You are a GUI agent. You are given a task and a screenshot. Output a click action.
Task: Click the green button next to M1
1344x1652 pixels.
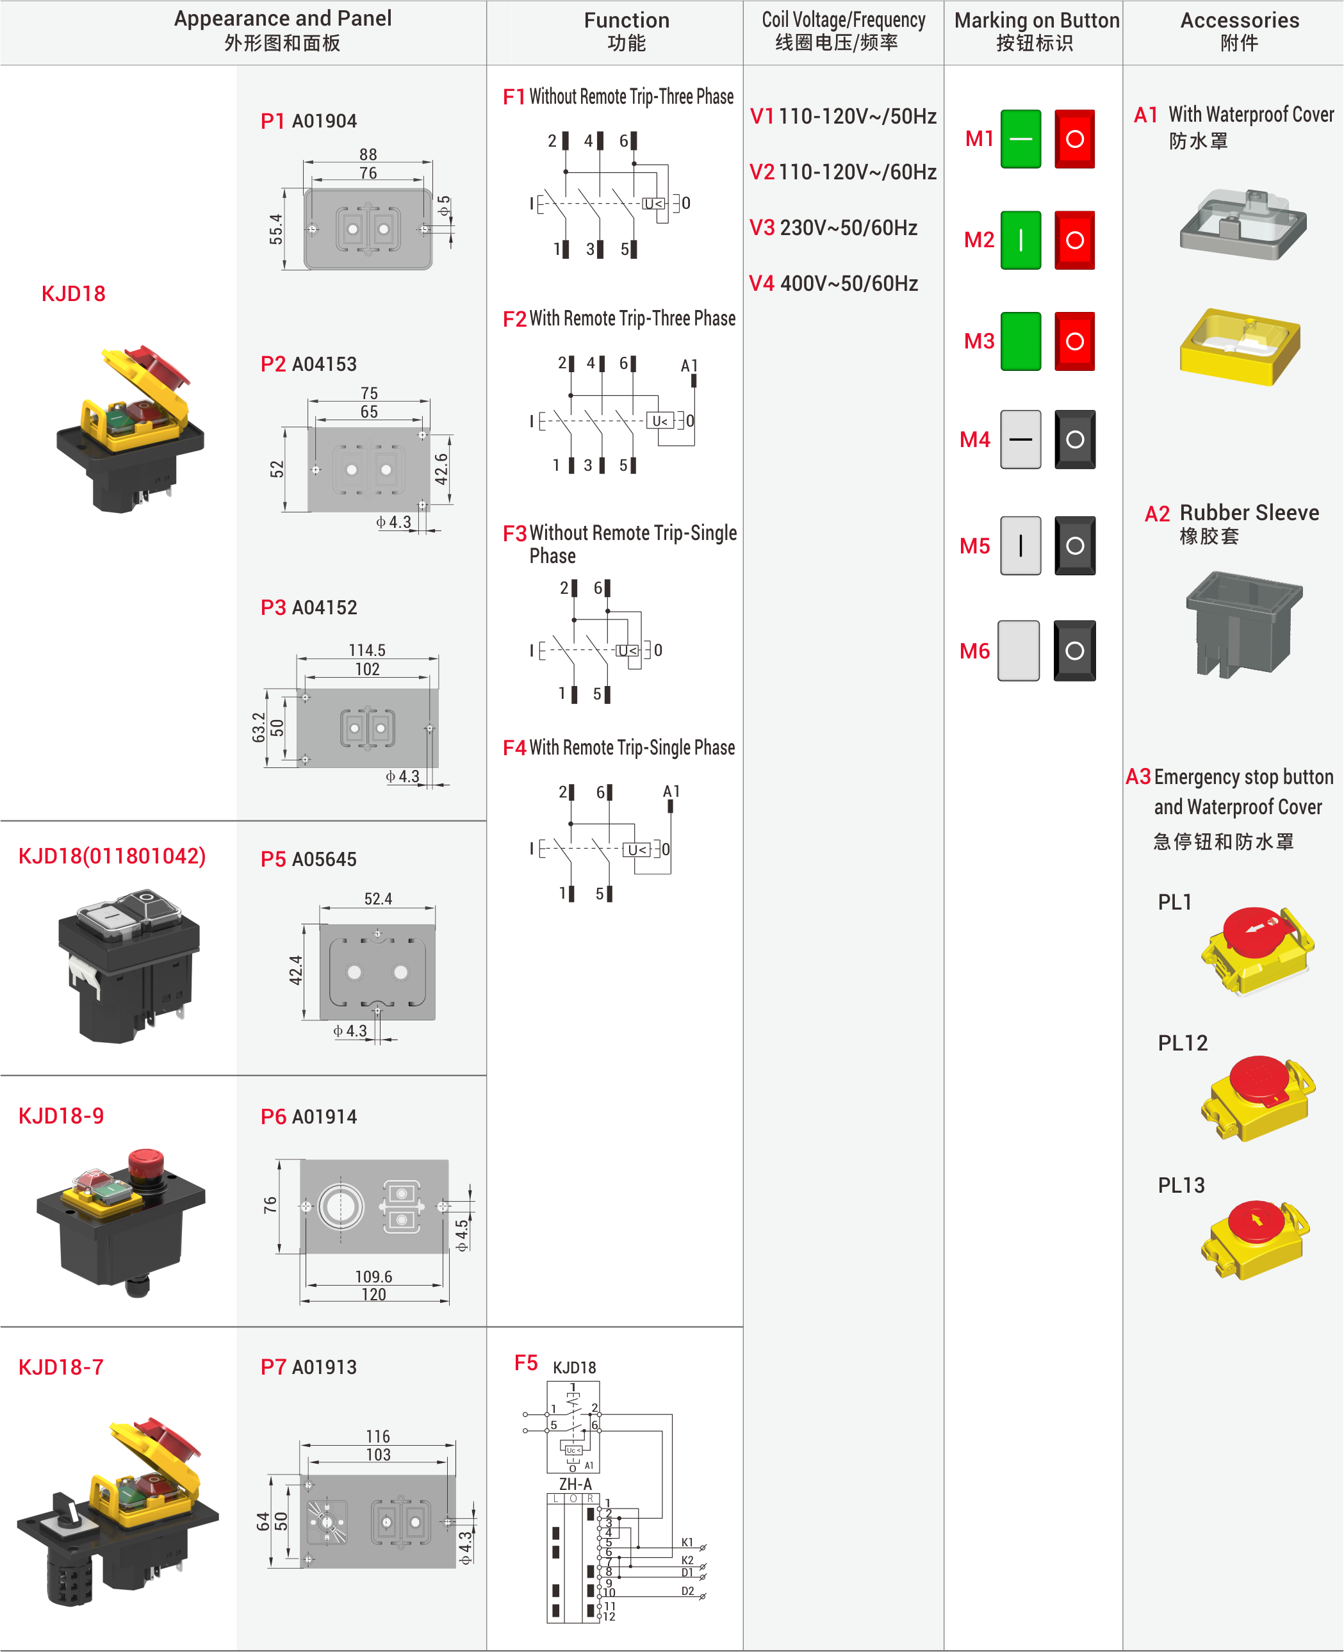click(1020, 140)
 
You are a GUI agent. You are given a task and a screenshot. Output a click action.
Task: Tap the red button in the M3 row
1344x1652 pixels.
click(1074, 341)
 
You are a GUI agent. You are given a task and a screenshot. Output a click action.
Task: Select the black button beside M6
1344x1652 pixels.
click(1074, 650)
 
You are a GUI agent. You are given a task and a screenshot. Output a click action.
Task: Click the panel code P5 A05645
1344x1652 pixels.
click(308, 859)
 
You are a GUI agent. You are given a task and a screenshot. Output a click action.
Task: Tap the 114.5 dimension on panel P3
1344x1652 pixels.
click(366, 650)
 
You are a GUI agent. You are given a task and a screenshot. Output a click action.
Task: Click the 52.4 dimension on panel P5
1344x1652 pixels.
click(378, 899)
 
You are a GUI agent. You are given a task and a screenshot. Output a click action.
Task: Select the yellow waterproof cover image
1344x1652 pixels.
click(1239, 346)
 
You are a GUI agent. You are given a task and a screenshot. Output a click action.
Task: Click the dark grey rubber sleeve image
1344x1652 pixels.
click(1243, 623)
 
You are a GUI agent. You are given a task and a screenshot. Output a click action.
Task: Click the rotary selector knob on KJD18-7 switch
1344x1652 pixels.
click(68, 1510)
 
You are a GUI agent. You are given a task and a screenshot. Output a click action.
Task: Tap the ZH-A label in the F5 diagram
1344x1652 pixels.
click(575, 1484)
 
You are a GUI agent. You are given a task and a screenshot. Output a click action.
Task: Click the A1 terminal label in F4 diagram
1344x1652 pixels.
click(671, 791)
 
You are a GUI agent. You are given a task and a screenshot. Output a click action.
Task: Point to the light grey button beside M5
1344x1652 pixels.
click(1020, 546)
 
